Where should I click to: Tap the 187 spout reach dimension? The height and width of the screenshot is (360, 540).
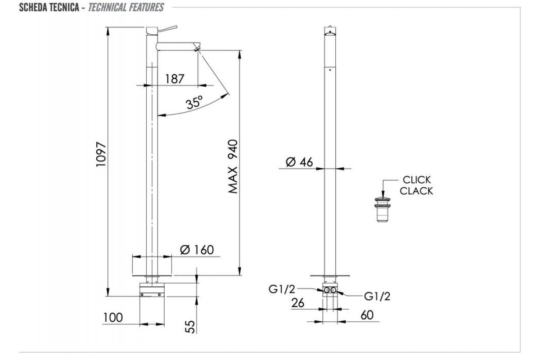click(x=175, y=79)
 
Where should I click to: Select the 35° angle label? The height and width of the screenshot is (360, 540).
click(x=194, y=103)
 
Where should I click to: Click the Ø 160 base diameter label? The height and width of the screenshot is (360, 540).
click(x=196, y=249)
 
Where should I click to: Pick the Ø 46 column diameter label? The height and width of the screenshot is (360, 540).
click(x=299, y=162)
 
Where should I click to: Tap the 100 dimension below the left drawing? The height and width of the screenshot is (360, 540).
click(x=112, y=318)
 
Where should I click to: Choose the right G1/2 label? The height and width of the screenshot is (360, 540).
click(x=377, y=296)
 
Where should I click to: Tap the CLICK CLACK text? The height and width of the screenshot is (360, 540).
click(x=416, y=185)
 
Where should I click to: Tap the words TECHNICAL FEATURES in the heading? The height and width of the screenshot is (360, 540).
click(x=126, y=7)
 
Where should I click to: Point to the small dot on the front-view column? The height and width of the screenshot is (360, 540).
click(x=330, y=70)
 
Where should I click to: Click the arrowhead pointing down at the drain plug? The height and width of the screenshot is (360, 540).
click(x=382, y=195)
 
